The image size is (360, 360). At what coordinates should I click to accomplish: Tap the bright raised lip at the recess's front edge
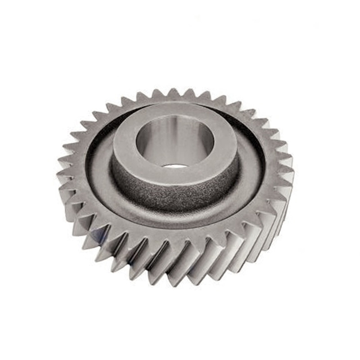[x=175, y=225]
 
